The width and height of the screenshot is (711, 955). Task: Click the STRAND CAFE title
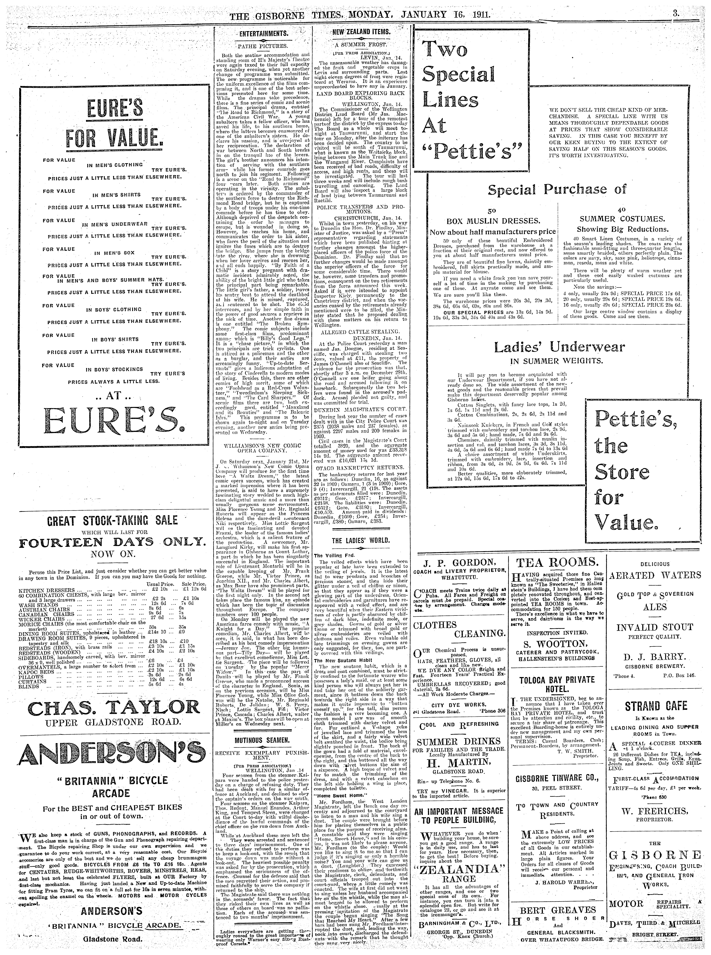(655, 706)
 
